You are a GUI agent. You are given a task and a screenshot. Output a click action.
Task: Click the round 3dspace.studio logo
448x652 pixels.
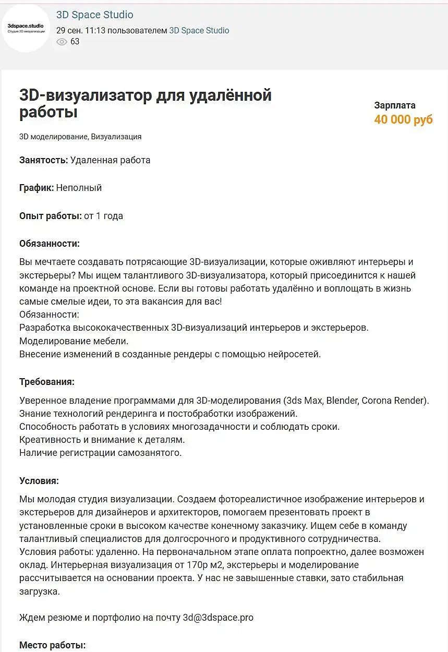[26, 28]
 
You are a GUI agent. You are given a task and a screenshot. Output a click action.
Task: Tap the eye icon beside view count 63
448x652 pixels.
[62, 42]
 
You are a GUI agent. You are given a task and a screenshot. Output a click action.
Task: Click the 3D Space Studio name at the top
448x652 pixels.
[94, 15]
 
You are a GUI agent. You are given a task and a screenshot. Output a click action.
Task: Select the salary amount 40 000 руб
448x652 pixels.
[403, 119]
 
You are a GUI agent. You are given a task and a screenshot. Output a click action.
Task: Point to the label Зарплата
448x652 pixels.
[395, 105]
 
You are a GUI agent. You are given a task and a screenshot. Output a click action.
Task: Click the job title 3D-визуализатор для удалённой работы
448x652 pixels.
[145, 104]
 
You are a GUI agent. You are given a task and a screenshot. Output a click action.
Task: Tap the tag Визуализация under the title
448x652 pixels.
[116, 137]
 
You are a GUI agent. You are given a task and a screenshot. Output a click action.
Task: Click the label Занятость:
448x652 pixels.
[43, 160]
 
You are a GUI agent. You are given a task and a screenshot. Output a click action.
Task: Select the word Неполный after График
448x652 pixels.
[79, 188]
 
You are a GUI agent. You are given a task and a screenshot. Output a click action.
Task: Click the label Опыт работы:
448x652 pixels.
[50, 215]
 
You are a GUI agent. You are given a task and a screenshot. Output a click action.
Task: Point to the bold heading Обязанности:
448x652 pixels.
[49, 244]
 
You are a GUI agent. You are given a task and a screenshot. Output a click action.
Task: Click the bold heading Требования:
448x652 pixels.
[47, 382]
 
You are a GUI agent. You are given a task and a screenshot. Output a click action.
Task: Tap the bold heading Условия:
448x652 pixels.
[39, 480]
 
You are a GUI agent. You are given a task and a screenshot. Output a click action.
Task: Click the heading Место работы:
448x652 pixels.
[52, 645]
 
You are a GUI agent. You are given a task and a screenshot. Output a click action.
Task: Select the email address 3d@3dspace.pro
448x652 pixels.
[218, 618]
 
